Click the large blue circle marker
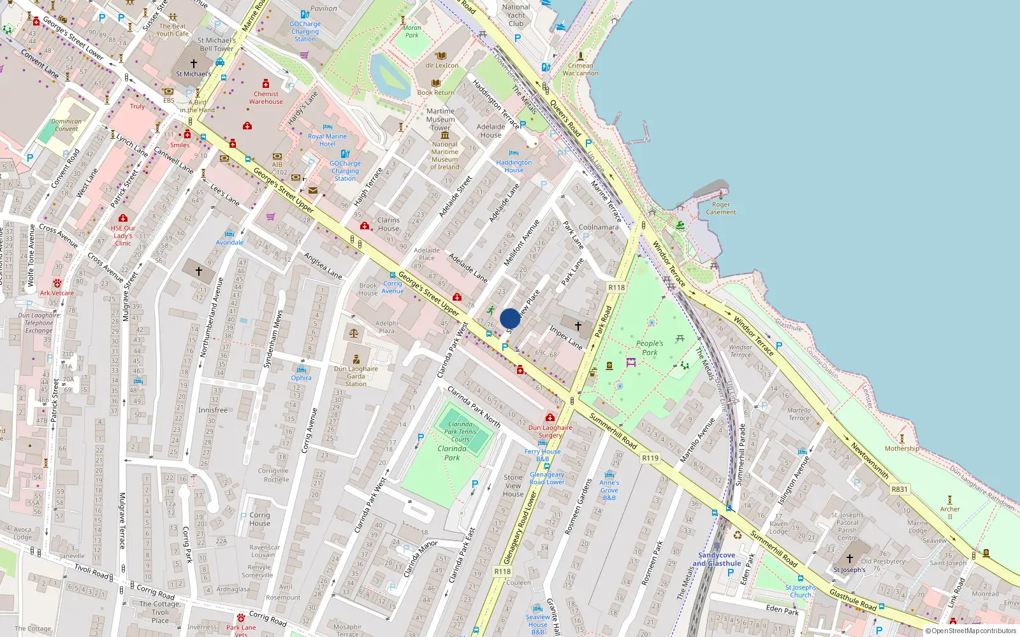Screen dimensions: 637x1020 [x=510, y=318]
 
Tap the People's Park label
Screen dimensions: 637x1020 [x=650, y=348]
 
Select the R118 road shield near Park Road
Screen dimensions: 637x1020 [x=616, y=287]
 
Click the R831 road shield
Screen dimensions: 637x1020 [x=900, y=489]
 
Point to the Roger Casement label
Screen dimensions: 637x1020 [x=721, y=208]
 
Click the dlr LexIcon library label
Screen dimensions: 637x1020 [x=442, y=65]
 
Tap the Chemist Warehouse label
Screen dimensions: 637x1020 [x=266, y=97]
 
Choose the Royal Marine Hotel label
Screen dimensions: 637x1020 [x=327, y=140]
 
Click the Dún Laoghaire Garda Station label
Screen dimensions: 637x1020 [x=356, y=376]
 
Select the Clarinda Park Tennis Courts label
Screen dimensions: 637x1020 [x=460, y=431]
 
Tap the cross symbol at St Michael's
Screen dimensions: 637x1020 [x=194, y=64]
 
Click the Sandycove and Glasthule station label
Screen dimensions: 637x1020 [x=717, y=559]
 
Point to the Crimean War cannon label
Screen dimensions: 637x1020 [x=580, y=69]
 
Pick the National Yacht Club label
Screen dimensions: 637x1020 [x=516, y=15]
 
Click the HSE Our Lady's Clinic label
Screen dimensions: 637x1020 [x=123, y=236]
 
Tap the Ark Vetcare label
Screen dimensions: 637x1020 [x=57, y=293]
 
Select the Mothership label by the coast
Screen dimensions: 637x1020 [x=902, y=448]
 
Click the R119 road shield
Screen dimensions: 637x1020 [x=650, y=458]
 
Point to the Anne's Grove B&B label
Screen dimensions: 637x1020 [x=609, y=490]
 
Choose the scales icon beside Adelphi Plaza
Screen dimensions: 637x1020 [x=354, y=333]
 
